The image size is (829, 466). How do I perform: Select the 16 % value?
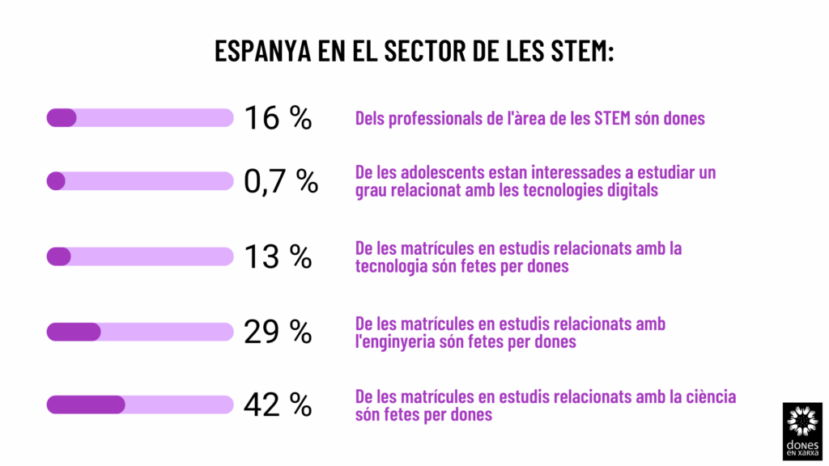point(278,118)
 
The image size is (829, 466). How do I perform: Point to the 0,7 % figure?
point(281,181)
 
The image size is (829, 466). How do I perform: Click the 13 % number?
point(278,256)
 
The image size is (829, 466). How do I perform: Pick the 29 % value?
point(278,332)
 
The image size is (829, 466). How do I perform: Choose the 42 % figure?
point(278,405)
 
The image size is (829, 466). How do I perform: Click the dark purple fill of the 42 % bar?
point(86,405)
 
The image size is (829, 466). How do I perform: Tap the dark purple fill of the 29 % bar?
point(74,332)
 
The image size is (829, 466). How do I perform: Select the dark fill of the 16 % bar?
point(62,118)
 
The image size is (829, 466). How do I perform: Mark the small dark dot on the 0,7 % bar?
point(56,181)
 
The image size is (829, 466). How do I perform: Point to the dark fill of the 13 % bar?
point(59,256)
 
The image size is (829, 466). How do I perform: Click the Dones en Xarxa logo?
point(802,431)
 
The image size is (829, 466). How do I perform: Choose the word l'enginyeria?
point(397,341)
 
